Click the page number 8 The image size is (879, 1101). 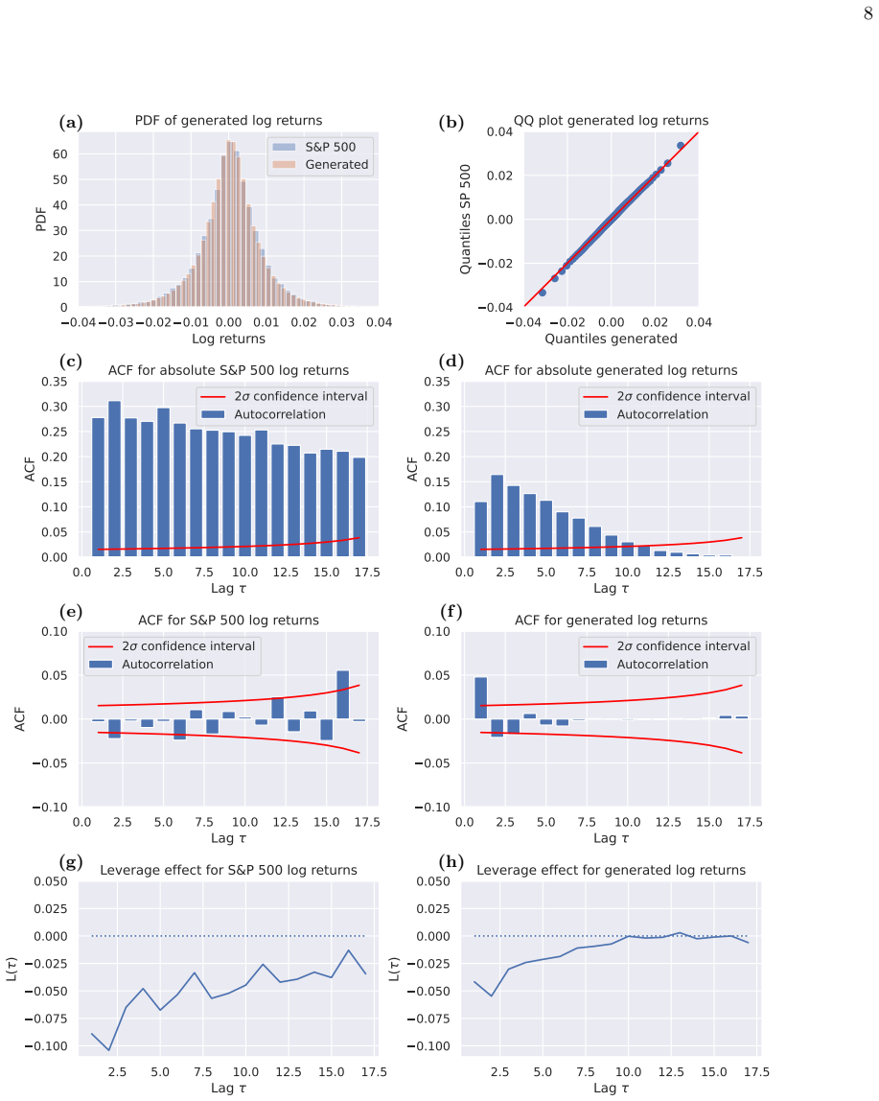pos(867,13)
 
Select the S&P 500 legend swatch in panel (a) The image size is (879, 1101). pos(284,147)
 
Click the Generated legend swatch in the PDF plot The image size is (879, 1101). pos(284,164)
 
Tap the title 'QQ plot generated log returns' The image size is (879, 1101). pos(611,120)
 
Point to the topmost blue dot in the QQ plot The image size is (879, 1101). pos(681,146)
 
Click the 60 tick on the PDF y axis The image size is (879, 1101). pos(60,153)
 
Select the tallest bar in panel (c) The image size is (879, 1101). pos(114,479)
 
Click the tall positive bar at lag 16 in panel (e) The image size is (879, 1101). pos(342,694)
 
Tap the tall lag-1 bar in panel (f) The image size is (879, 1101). pos(481,698)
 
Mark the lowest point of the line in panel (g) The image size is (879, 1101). pos(109,1050)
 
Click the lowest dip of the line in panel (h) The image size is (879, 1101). pos(492,996)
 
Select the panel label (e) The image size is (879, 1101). pos(71,612)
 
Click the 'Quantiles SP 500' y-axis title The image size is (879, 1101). pos(465,219)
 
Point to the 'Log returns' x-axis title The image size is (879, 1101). pos(229,339)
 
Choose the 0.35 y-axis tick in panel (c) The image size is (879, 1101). pos(55,382)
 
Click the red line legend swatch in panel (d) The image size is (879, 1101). pos(595,397)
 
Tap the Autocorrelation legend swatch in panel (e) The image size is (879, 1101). pos(101,665)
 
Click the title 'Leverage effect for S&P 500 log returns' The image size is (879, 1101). pos(229,870)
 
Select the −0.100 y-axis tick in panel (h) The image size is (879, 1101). pos(429,1046)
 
